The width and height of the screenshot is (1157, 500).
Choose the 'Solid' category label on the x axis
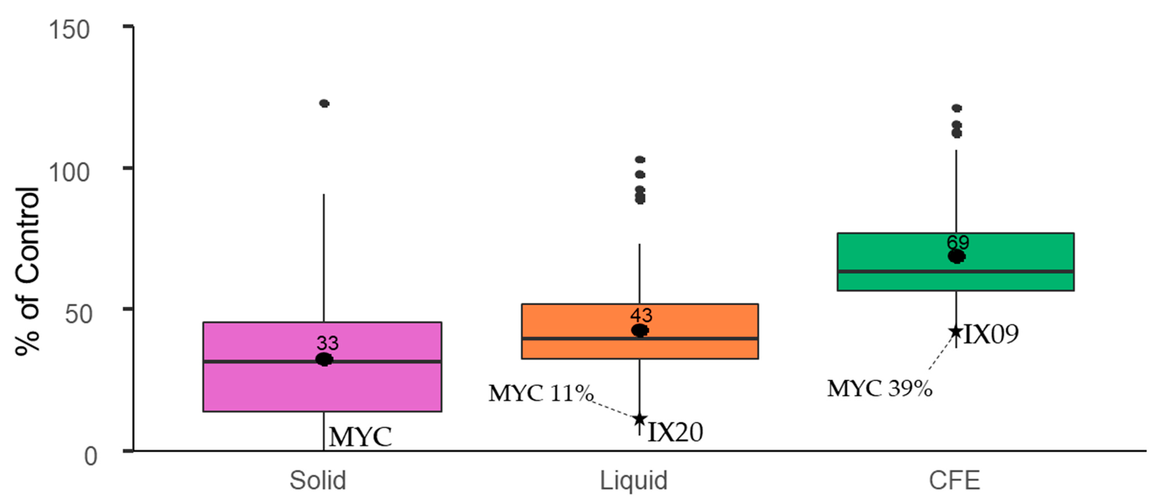tap(317, 480)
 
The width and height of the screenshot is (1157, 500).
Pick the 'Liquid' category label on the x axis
tap(634, 480)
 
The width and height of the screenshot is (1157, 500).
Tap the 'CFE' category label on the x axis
tap(955, 480)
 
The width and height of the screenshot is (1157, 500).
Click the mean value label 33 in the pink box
tap(328, 343)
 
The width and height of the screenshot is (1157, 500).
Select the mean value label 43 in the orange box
tap(641, 315)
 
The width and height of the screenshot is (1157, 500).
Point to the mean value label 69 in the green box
tap(958, 242)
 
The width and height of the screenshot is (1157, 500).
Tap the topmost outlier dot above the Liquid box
tap(640, 160)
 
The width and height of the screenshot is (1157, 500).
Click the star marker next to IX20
tap(640, 419)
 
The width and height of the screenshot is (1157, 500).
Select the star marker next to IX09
tap(956, 332)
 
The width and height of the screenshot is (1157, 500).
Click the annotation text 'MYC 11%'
tap(541, 393)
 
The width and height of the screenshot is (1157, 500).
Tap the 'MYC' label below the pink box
tap(360, 437)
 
